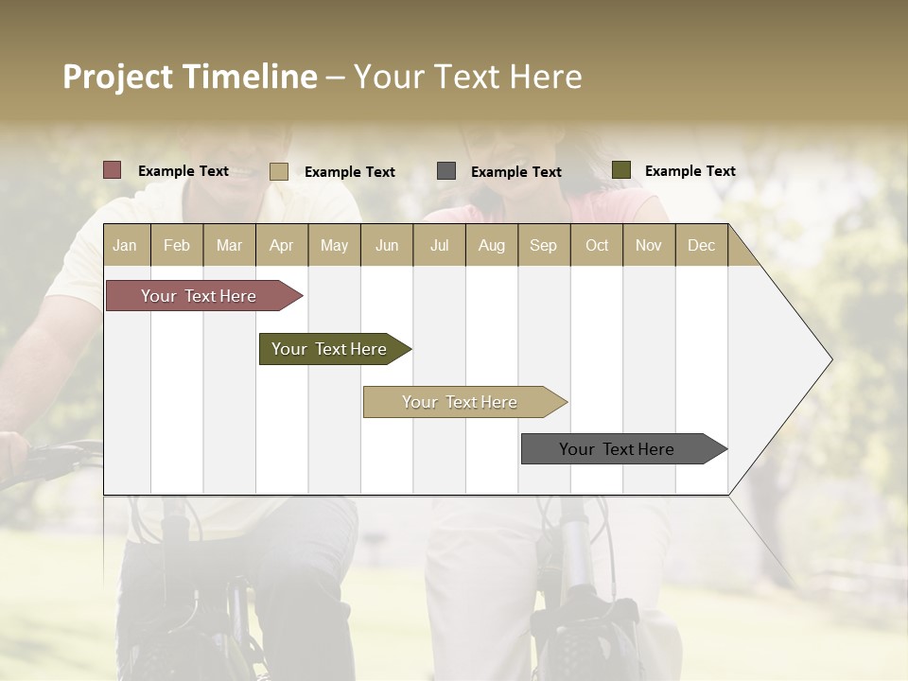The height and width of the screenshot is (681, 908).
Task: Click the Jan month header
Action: pyautogui.click(x=125, y=245)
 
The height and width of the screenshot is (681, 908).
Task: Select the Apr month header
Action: pyautogui.click(x=281, y=245)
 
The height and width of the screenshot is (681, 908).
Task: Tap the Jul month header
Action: pyautogui.click(x=439, y=245)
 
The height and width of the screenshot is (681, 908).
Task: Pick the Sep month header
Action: pyautogui.click(x=543, y=245)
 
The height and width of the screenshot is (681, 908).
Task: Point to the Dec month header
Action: pyautogui.click(x=701, y=245)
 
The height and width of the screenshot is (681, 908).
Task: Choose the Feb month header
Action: pyautogui.click(x=177, y=245)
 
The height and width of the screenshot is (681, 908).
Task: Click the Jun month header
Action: pyautogui.click(x=387, y=245)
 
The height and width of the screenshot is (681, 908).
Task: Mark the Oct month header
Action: pyautogui.click(x=597, y=245)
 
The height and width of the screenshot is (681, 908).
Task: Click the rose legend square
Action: pyautogui.click(x=113, y=170)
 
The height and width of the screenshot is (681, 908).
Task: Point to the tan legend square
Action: pyautogui.click(x=279, y=171)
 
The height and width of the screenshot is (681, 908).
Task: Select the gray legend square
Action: pyautogui.click(x=446, y=170)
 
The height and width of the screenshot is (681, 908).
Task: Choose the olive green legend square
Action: pyautogui.click(x=621, y=170)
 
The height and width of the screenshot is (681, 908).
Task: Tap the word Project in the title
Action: pyautogui.click(x=118, y=77)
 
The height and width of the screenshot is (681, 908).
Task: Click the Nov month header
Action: pyautogui.click(x=649, y=245)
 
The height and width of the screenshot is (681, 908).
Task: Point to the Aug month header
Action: pyautogui.click(x=491, y=245)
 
